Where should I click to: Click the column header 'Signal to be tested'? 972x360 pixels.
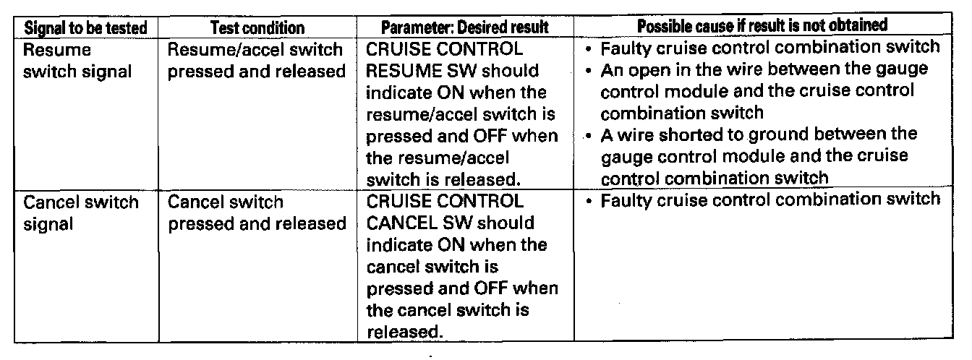85,27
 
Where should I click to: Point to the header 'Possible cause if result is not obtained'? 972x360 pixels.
762,26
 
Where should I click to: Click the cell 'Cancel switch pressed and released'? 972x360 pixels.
257,213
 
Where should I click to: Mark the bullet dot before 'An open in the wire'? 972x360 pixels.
590,71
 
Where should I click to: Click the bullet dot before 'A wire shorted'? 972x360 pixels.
590,134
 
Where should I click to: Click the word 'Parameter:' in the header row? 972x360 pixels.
413,27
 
